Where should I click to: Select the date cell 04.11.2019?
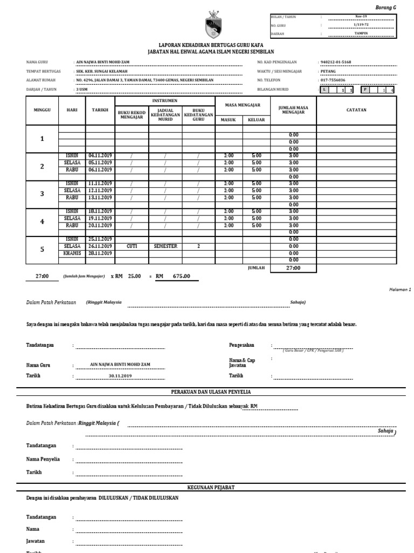pos(100,156)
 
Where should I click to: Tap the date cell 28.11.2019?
pos(100,253)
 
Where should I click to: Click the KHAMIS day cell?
pos(72,253)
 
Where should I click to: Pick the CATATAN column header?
pos(356,110)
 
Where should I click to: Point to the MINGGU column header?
pos(42,110)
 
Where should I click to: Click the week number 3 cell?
pos(42,193)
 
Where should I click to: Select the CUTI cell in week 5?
pos(132,246)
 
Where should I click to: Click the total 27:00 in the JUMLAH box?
pos(294,268)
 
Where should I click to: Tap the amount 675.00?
pos(181,276)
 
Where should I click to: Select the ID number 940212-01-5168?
pos(336,63)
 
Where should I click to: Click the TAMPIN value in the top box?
pos(361,33)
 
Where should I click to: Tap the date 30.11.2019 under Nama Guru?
pos(120,375)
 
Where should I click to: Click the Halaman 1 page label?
pos(399,289)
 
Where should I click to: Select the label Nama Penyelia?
pos(43,459)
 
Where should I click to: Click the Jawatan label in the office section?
pos(36,541)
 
